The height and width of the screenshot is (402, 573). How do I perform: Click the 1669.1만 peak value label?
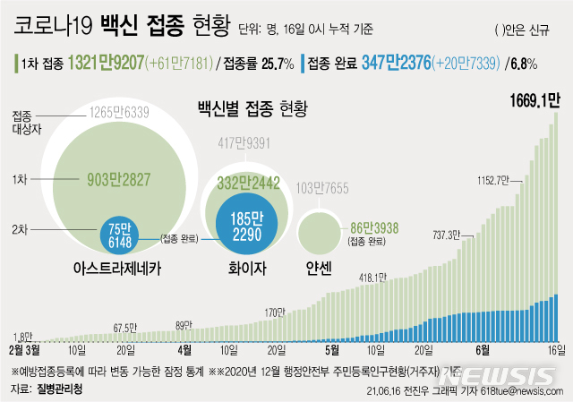[x=535, y=98]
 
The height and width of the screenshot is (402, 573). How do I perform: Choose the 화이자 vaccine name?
[x=244, y=266]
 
